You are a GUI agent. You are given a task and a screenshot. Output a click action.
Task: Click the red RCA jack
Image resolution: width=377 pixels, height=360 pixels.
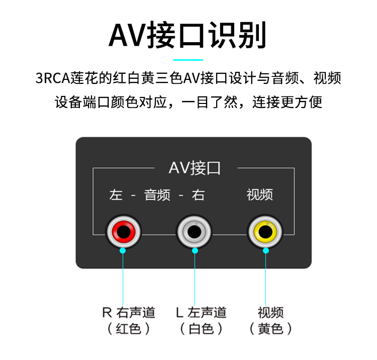124,231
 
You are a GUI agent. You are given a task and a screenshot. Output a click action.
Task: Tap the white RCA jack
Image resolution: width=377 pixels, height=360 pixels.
194,231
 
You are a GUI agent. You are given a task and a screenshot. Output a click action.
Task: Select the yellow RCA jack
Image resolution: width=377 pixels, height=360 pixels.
265,231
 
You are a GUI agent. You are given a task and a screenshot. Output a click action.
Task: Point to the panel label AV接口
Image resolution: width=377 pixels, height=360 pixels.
195,168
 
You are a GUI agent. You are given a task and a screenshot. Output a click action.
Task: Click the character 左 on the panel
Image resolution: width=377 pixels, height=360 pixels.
116,195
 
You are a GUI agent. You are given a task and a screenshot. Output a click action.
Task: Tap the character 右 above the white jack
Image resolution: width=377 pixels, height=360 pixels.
198,195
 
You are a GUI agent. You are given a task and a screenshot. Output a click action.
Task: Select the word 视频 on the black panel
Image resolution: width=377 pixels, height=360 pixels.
260,195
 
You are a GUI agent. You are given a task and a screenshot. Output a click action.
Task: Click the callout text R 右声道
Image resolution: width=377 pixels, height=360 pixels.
129,312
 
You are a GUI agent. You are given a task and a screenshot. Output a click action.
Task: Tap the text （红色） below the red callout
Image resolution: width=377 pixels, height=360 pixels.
129,329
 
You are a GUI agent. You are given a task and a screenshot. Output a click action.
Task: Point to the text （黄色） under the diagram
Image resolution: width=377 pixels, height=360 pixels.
270,329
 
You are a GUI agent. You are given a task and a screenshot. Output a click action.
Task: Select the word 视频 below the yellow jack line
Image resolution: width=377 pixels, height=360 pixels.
270,312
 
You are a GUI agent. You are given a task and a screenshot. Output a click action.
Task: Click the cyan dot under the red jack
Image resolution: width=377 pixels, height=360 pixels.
124,250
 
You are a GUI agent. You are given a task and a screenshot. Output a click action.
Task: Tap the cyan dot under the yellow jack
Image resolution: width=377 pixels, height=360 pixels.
265,250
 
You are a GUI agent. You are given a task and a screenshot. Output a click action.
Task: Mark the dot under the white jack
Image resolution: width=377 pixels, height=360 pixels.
195,250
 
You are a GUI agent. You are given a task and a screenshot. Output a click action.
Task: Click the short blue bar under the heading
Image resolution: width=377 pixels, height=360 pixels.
188,60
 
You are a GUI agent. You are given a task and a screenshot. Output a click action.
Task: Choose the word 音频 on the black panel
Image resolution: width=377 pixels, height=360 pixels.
157,195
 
